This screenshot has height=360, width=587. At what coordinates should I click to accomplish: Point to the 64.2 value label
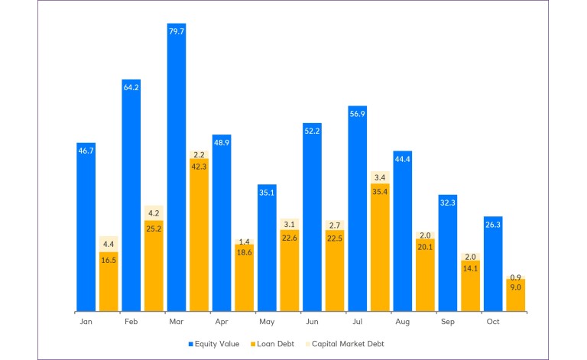tap(131, 88)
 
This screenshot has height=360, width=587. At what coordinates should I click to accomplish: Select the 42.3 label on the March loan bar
tap(199, 167)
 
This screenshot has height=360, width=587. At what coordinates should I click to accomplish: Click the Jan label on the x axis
tap(86, 322)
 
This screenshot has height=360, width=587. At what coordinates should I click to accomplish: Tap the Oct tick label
tap(493, 322)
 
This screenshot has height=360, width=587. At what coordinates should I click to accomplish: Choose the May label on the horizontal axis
tap(267, 322)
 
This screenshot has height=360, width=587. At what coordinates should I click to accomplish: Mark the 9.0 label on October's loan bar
tap(515, 287)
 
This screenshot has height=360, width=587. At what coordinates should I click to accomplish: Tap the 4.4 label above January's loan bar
tap(109, 244)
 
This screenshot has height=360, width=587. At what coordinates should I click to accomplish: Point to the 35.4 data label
tap(380, 192)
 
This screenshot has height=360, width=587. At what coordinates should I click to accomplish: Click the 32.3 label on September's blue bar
tap(448, 203)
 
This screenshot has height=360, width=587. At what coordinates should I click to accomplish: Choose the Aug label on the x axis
tap(403, 322)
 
